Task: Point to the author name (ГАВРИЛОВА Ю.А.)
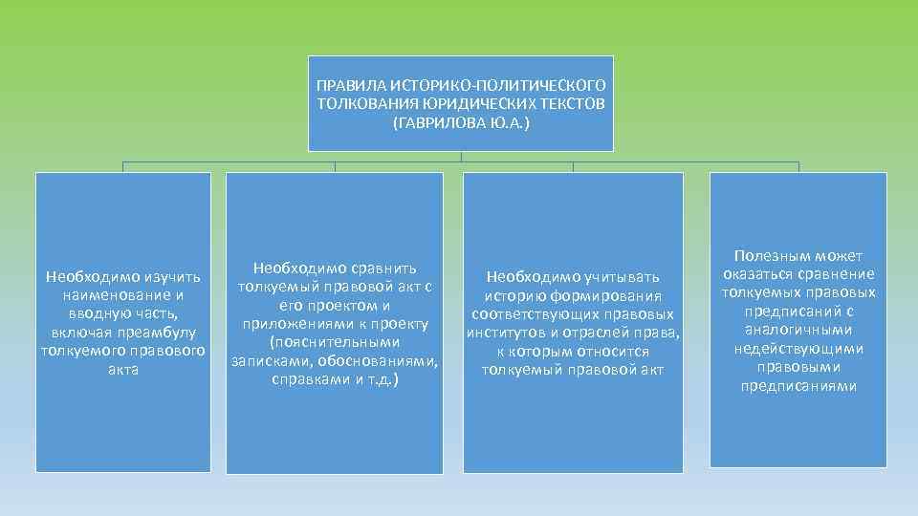click(460, 121)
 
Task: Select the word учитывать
click(623, 277)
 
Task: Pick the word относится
click(616, 351)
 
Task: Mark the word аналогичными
click(798, 330)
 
